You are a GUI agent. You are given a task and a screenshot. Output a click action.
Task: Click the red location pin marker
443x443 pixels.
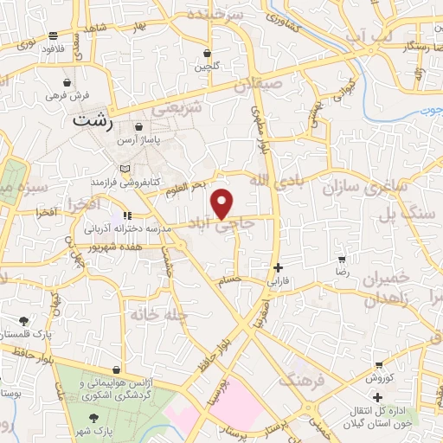[222, 203]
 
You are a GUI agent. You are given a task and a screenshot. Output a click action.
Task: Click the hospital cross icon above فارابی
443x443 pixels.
[277, 267]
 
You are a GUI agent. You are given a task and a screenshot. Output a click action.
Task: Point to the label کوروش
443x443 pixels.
[378, 377]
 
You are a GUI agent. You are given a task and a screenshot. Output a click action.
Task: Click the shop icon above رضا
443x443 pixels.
[342, 259]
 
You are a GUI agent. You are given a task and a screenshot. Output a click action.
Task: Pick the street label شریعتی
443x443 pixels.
[177, 108]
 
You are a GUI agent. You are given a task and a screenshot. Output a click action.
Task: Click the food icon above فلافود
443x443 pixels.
[54, 35]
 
